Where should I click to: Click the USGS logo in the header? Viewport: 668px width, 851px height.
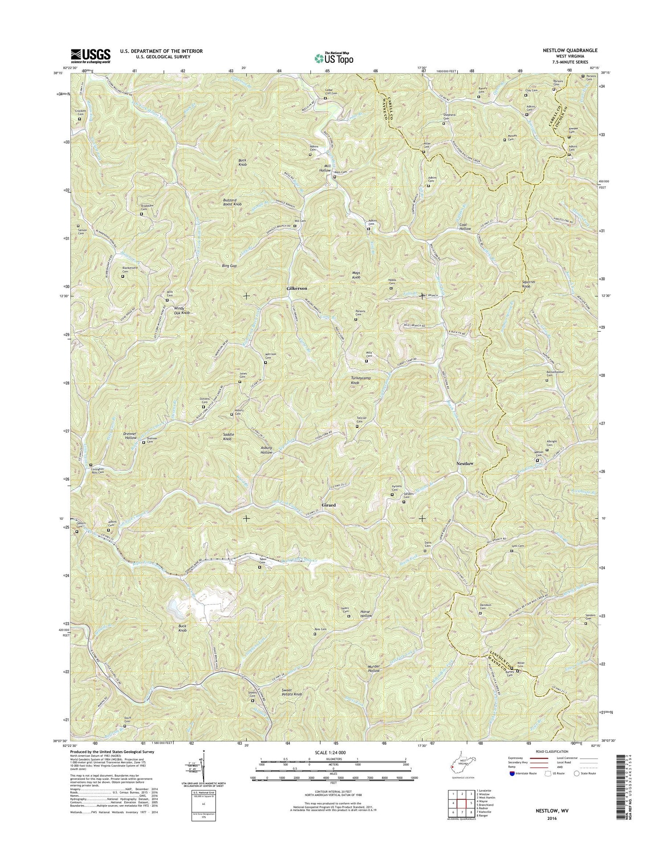point(90,56)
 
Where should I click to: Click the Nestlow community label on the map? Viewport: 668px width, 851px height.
point(464,463)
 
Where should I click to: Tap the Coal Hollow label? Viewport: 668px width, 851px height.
point(465,227)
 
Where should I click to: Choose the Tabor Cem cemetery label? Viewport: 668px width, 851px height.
point(263,561)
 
